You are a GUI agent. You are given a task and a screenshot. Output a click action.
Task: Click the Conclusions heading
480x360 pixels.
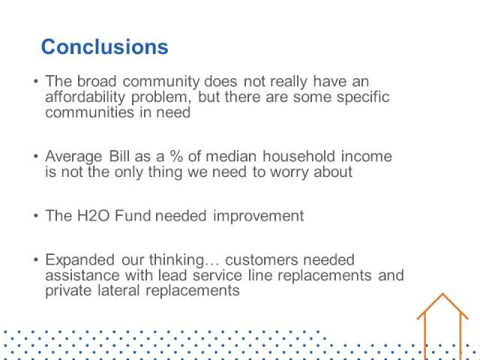point(105,46)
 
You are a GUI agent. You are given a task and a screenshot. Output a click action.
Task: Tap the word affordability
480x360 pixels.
point(85,97)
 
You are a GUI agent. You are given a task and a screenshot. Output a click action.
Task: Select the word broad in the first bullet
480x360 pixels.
point(97,82)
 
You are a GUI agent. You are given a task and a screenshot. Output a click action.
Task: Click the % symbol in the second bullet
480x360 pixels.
point(177,156)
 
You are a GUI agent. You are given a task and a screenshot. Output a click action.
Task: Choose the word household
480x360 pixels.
point(298,156)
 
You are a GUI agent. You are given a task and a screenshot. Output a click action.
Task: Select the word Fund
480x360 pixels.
point(133,216)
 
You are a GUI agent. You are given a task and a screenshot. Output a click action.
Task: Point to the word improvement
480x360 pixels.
point(258,216)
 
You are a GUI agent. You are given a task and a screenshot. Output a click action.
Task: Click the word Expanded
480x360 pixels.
point(80,260)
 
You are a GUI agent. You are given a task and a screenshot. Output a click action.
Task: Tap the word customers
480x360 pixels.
point(261,260)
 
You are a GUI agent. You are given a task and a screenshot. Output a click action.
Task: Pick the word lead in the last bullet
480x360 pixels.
point(172,275)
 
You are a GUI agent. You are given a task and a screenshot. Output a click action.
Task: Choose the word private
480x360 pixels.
point(68,290)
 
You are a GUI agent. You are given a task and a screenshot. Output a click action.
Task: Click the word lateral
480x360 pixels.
point(118,290)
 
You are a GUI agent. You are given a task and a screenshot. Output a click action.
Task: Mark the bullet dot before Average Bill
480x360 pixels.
point(36,156)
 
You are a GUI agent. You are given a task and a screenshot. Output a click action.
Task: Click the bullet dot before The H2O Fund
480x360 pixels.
point(36,216)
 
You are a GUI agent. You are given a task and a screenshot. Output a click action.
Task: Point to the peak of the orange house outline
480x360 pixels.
point(442,294)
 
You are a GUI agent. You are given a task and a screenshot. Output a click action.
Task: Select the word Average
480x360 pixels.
point(73,157)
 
